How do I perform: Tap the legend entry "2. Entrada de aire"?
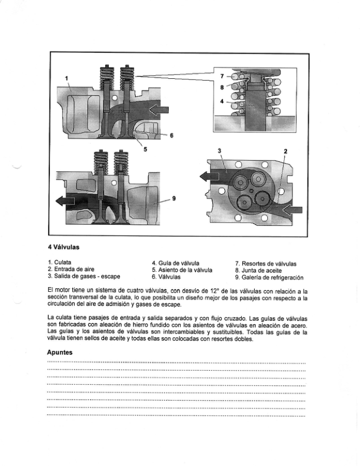click(71, 269)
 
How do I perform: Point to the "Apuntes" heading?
click(59, 352)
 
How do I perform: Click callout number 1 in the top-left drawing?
click(66, 78)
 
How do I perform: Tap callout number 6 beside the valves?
click(172, 136)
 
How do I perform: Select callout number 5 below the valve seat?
click(145, 149)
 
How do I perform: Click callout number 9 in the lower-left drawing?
click(174, 199)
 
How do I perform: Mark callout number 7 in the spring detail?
click(222, 76)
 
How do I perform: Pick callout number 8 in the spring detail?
click(222, 88)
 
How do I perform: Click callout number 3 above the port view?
click(220, 151)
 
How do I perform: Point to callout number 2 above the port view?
click(285, 151)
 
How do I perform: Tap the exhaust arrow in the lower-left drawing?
click(66, 201)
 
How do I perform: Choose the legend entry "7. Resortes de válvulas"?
click(265, 262)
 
